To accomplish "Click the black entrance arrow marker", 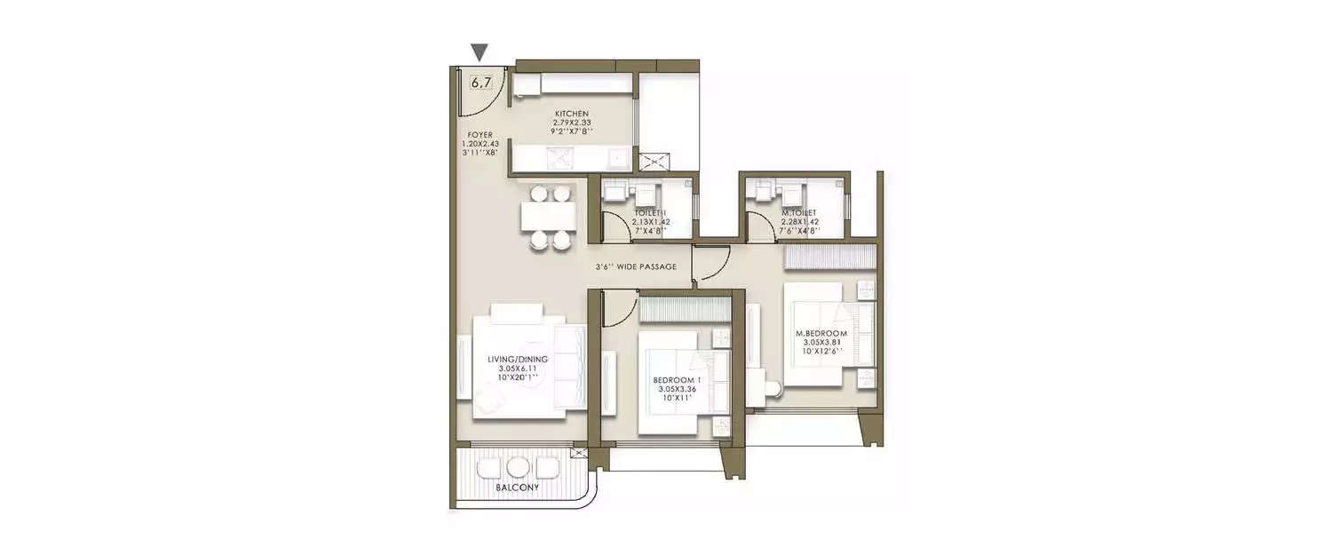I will [480, 52].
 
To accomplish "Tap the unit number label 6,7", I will [480, 83].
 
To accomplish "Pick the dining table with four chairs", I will [546, 216].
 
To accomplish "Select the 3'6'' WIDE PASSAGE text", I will [636, 266].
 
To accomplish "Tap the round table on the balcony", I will [518, 467].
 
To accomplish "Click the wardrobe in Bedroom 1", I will [684, 308].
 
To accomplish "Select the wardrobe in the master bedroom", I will [830, 257].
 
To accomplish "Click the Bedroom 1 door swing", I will [619, 309].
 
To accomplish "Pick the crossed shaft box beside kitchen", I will [657, 162].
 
